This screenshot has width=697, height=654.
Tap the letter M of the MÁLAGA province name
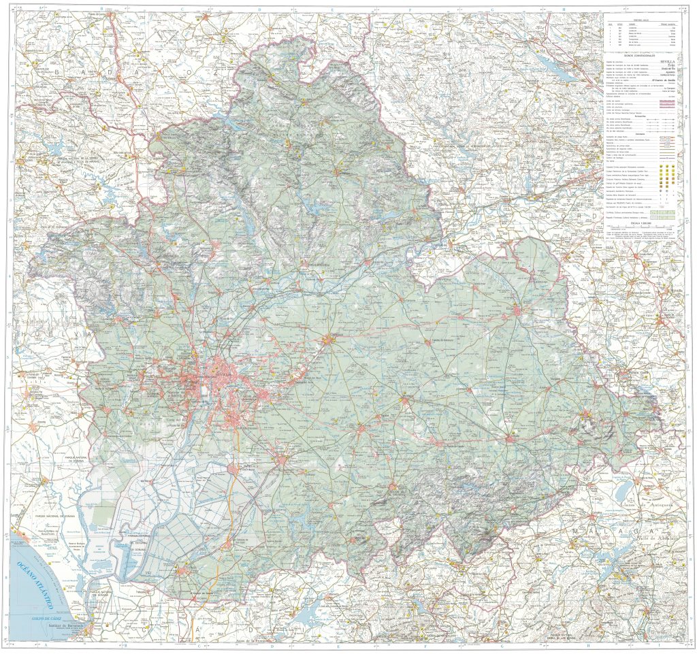tap(577, 530)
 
